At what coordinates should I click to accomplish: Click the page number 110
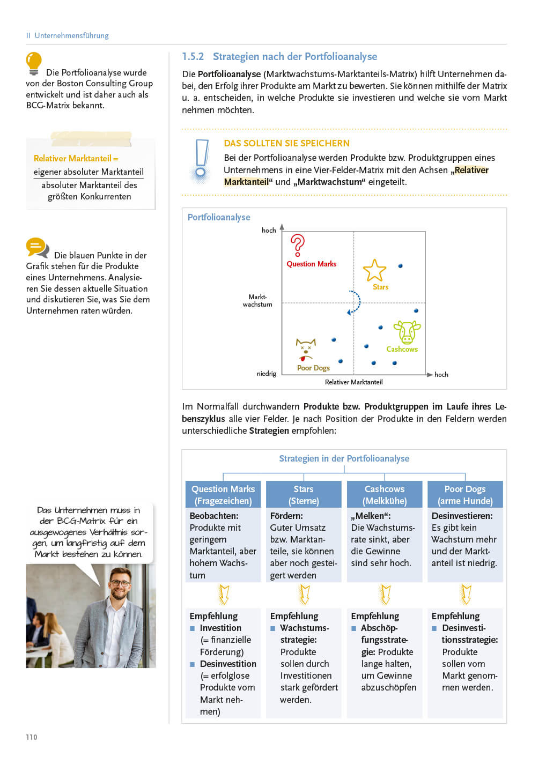[x=32, y=737]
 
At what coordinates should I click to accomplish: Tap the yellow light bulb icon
[x=34, y=63]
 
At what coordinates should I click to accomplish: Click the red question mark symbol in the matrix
[x=297, y=245]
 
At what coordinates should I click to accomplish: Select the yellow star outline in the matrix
[x=374, y=270]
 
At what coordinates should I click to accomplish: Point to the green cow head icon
[x=407, y=332]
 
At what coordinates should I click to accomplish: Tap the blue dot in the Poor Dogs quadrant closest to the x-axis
[x=340, y=361]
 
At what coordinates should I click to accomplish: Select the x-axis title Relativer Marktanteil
[x=353, y=382]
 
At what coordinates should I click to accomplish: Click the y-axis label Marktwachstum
[x=257, y=301]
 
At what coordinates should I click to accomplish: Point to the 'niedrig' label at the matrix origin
[x=267, y=374]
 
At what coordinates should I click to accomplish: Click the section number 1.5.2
[x=193, y=57]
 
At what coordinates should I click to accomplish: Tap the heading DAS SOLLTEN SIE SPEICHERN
[x=286, y=143]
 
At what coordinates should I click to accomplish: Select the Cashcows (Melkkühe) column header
[x=385, y=495]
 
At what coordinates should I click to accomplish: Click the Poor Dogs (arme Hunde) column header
[x=465, y=495]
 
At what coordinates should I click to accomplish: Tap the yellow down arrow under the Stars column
[x=304, y=594]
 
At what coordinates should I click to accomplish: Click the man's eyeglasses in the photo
[x=121, y=583]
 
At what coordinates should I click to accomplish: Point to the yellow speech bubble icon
[x=37, y=247]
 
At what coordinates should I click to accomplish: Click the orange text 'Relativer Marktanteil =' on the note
[x=76, y=158]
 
